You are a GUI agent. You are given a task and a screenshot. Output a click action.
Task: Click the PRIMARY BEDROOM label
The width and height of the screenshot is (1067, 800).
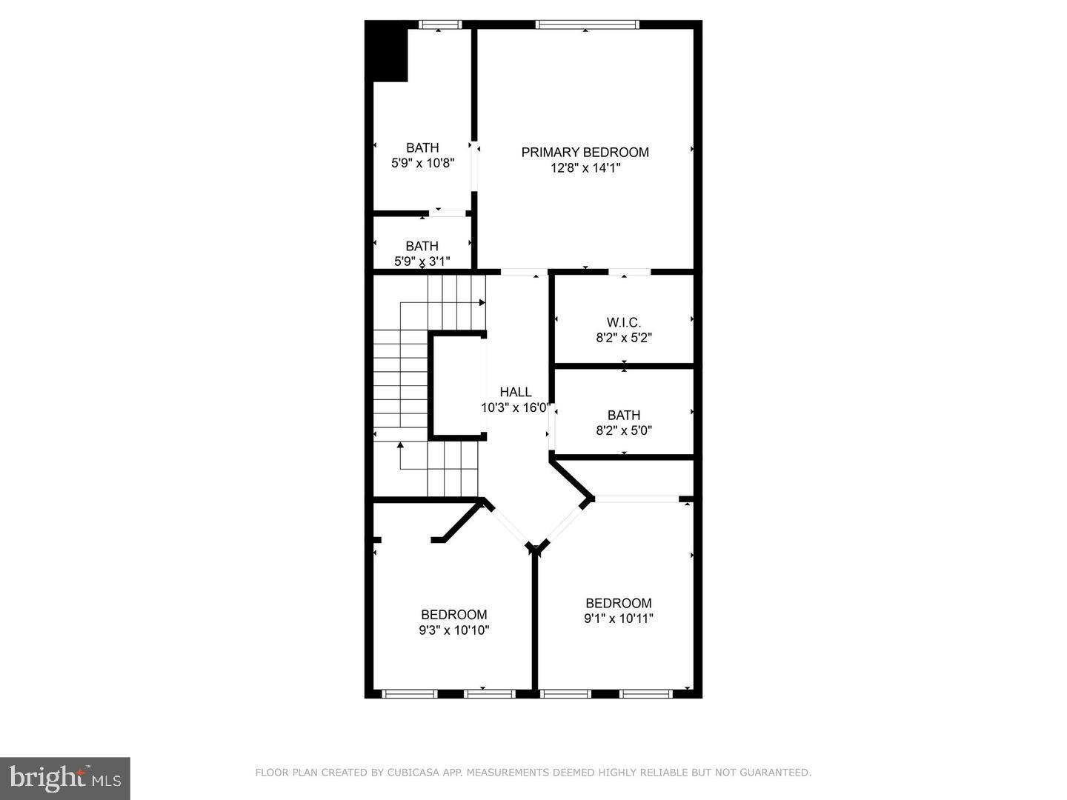pos(585,152)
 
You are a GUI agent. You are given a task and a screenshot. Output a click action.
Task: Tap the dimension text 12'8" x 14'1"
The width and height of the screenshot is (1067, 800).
pos(585,168)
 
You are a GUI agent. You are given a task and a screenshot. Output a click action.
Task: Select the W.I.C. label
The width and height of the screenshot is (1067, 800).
pos(623,322)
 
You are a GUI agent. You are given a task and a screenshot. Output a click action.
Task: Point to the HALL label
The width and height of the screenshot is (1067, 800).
pos(515,392)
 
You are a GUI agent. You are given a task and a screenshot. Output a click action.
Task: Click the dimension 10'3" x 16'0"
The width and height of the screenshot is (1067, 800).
pos(515,407)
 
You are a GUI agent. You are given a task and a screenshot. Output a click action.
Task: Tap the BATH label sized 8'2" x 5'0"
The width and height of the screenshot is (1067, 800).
pos(623,415)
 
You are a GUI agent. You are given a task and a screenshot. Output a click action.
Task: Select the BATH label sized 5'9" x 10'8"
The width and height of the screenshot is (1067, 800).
pos(422,147)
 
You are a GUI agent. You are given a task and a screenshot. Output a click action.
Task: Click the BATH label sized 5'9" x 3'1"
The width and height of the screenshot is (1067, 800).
pos(422,246)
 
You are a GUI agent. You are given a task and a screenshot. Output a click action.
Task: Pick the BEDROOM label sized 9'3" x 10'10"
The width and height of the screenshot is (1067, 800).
pos(453,614)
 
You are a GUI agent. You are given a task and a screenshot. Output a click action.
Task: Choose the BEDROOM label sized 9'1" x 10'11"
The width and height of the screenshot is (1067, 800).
pos(618,603)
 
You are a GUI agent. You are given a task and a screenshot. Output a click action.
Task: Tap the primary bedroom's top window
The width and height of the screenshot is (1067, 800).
pos(587,24)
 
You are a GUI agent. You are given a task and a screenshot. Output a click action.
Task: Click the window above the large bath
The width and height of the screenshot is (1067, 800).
pos(439,24)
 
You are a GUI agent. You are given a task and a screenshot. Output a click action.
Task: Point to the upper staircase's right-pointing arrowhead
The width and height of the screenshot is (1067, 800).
pos(482,302)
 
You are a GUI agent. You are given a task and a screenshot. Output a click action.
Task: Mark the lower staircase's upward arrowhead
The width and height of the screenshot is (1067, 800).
pos(400,445)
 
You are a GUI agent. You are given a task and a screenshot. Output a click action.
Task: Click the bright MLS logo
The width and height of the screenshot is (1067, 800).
pos(65,778)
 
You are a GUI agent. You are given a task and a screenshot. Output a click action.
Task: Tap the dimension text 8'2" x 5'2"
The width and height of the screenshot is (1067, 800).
pos(623,338)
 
